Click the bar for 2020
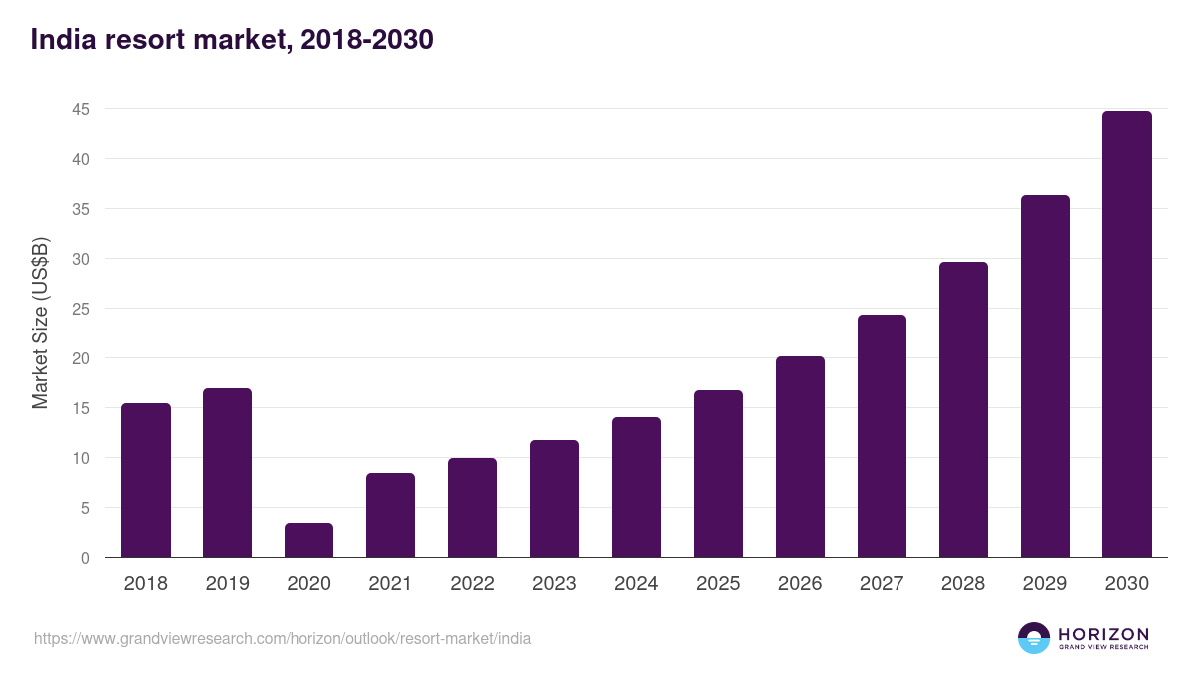point(308,540)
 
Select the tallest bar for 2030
point(1127,335)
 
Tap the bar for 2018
point(146,480)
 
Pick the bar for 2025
point(719,474)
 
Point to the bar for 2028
point(963,409)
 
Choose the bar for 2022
point(472,507)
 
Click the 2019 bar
point(227,473)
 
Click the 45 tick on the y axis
point(81,109)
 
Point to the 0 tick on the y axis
point(85,558)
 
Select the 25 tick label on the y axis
point(81,309)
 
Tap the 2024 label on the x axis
point(636,584)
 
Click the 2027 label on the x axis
point(882,584)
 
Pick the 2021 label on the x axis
point(390,584)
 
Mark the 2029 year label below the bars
point(1045,584)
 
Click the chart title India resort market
point(232,40)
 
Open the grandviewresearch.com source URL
point(283,638)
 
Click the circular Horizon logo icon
point(1034,638)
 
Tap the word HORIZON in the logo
point(1103,633)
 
